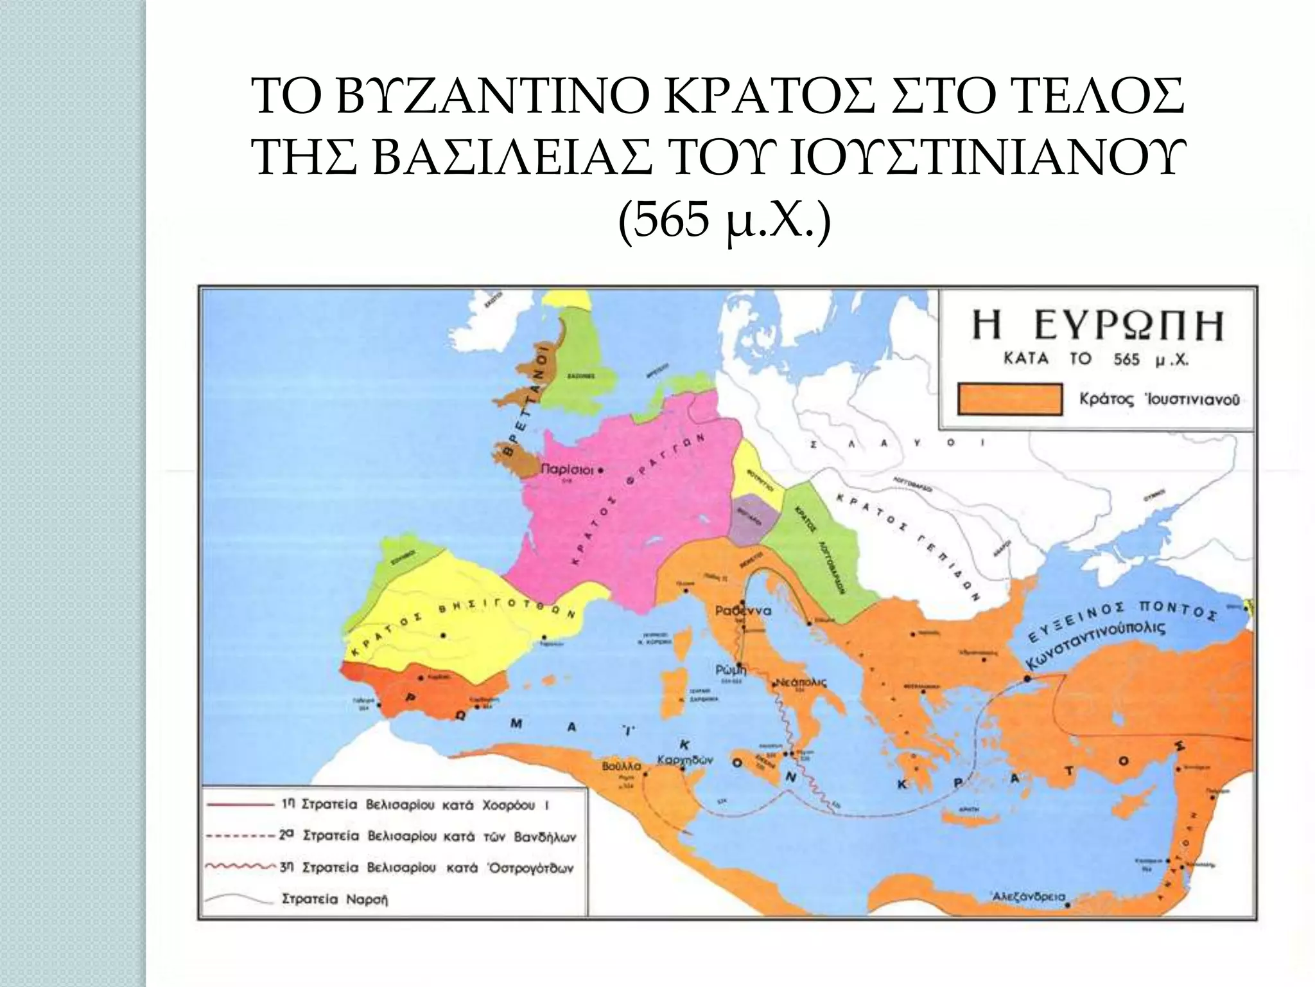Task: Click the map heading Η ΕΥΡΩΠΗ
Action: pyautogui.click(x=1097, y=326)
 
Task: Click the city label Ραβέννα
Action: pyautogui.click(x=744, y=611)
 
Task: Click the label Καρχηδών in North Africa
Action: pyautogui.click(x=685, y=760)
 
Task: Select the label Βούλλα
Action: pyautogui.click(x=622, y=766)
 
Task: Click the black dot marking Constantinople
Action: pyautogui.click(x=1027, y=679)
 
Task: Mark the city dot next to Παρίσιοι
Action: pyautogui.click(x=600, y=470)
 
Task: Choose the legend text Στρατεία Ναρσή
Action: pyautogui.click(x=335, y=899)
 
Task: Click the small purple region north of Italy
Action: pyautogui.click(x=756, y=520)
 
